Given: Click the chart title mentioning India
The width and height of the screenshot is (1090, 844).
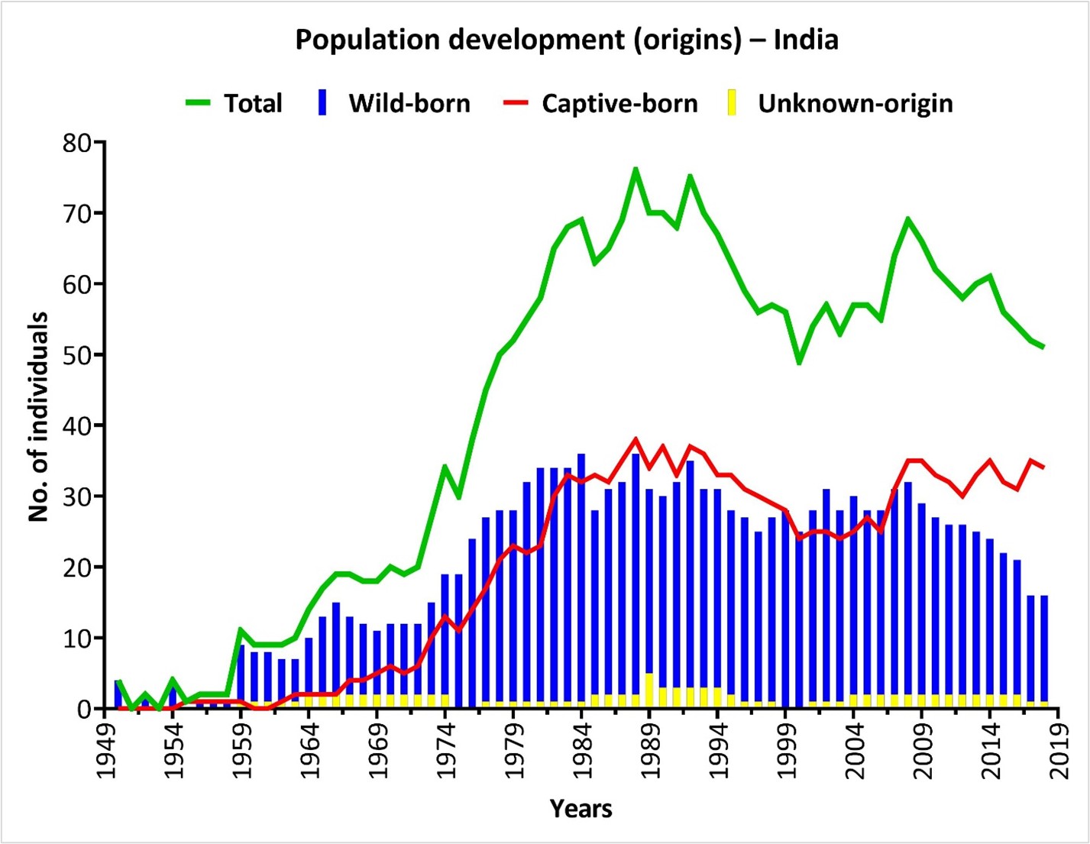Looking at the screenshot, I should pyautogui.click(x=566, y=40).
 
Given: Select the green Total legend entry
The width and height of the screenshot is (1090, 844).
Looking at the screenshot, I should pyautogui.click(x=234, y=103).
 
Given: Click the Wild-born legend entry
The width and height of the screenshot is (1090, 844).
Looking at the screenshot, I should pyautogui.click(x=395, y=103).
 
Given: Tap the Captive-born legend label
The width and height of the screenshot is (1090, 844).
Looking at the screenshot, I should pyautogui.click(x=600, y=103).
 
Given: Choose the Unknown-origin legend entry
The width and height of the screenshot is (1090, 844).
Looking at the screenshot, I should pyautogui.click(x=840, y=103).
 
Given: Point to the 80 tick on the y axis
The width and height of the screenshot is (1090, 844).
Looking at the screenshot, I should pyautogui.click(x=79, y=143).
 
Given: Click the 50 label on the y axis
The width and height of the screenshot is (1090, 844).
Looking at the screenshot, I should pyautogui.click(x=79, y=355).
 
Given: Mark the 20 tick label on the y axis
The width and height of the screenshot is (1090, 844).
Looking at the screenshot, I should pyautogui.click(x=79, y=568).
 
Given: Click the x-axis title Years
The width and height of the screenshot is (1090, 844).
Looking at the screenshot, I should pyautogui.click(x=581, y=808).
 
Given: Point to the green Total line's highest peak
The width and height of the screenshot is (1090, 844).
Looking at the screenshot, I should pyautogui.click(x=636, y=169).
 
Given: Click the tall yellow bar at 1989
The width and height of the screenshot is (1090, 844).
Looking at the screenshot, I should pyautogui.click(x=649, y=690).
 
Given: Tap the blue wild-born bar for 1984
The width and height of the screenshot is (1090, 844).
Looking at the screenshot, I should pyautogui.click(x=581, y=580).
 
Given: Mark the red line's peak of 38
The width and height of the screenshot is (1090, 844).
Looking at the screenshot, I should pyautogui.click(x=636, y=439).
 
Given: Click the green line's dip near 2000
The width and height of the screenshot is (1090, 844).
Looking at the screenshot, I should pyautogui.click(x=800, y=362).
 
